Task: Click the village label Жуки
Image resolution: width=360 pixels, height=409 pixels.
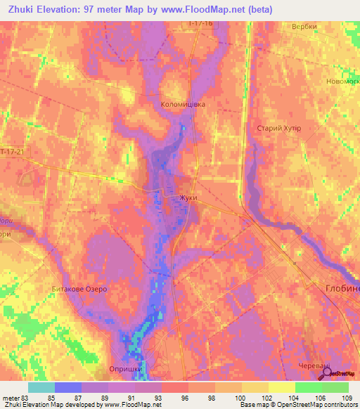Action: tap(188, 198)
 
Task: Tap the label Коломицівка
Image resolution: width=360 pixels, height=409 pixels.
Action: tap(183, 104)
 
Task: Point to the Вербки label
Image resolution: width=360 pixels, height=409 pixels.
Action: tap(304, 27)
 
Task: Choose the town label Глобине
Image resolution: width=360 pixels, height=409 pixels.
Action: tap(342, 288)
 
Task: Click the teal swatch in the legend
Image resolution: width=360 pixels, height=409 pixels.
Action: tap(41, 387)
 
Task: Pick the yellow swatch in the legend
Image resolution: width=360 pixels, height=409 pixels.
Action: tap(281, 387)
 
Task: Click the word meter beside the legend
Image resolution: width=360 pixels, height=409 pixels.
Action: tap(11, 398)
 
